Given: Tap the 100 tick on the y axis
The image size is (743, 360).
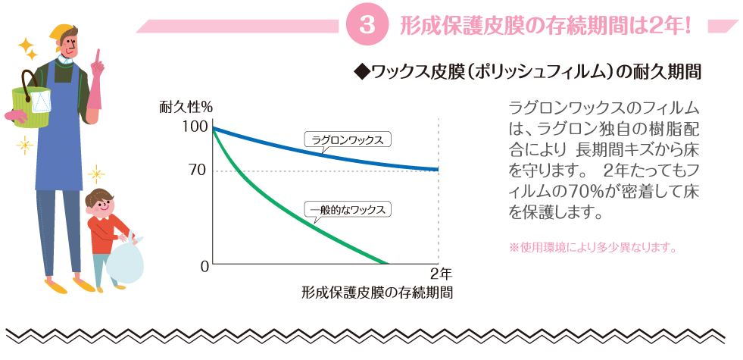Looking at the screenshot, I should pos(195,127).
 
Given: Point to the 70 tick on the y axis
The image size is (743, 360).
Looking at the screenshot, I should pos(196,171).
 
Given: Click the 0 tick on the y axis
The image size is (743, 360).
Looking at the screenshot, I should pos(204,266).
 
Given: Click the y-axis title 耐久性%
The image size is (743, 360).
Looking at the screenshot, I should pos(186,107).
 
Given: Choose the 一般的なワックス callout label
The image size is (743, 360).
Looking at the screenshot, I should pos(348,209).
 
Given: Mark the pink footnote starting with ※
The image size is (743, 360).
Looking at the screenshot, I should pos(592,247).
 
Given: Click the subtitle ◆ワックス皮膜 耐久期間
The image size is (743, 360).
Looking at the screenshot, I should pos(526,73).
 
